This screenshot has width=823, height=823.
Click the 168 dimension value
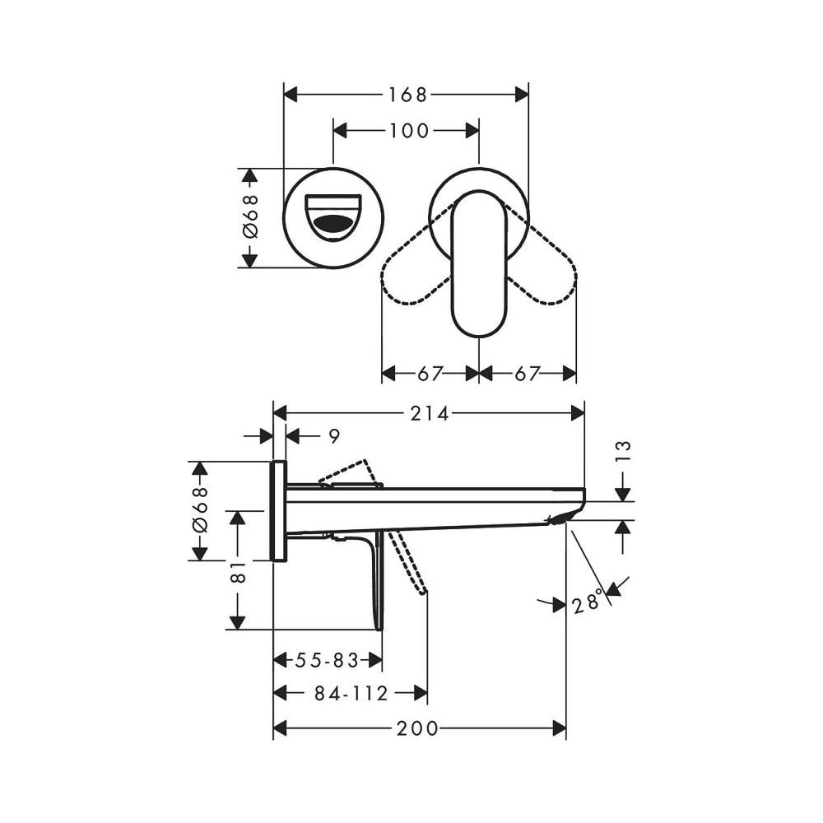click(x=407, y=95)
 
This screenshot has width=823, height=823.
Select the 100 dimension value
click(x=409, y=131)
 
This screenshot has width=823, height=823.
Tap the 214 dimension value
click(x=430, y=414)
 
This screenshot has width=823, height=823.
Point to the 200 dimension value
click(x=417, y=728)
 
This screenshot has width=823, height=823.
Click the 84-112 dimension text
click(x=351, y=693)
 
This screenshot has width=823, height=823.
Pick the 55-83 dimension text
click(x=327, y=660)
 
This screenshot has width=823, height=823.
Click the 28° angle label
click(x=587, y=602)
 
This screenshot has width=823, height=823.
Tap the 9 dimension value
click(x=334, y=435)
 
